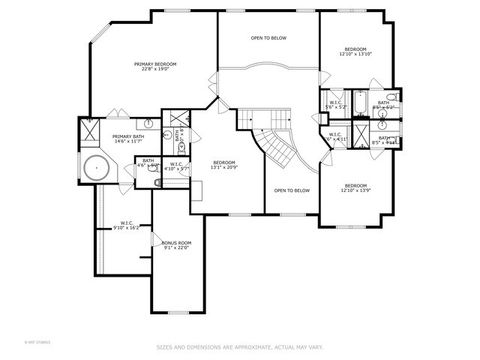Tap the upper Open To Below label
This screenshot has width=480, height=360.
268,38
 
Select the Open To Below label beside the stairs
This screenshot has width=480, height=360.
292,190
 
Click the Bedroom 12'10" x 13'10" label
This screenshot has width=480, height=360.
356,49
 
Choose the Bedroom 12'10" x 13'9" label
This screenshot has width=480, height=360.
356,186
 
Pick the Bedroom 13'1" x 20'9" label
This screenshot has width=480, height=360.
225,163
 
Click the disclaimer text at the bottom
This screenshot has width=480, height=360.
240,348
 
